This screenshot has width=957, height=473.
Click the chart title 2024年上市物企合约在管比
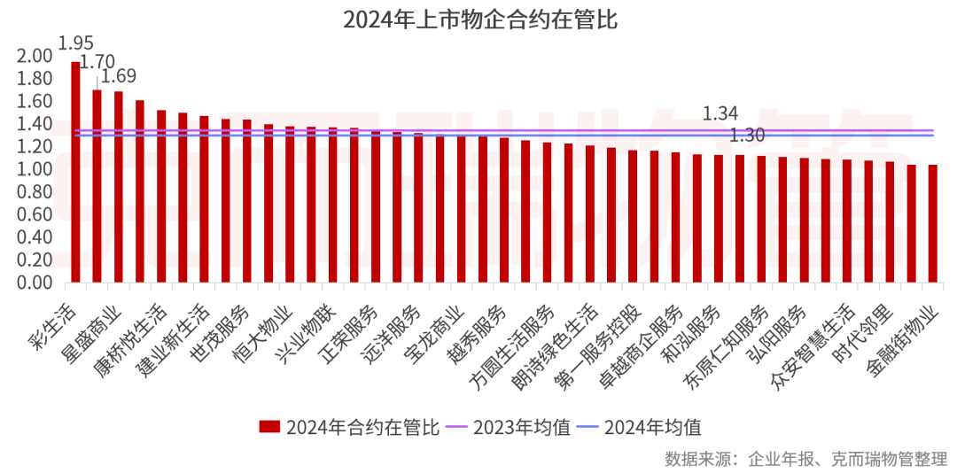click(x=479, y=20)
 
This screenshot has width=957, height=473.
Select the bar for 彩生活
click(x=75, y=173)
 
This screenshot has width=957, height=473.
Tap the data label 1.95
click(x=75, y=43)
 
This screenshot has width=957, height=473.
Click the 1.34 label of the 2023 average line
click(x=720, y=113)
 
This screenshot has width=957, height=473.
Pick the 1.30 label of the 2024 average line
click(x=747, y=136)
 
